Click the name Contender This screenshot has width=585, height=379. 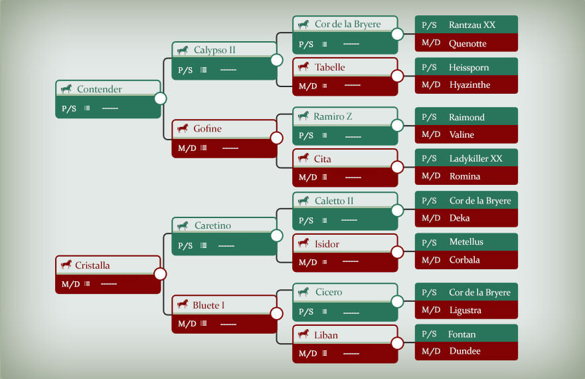pyautogui.click(x=99, y=89)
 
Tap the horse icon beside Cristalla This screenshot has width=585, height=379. pyautogui.click(x=66, y=265)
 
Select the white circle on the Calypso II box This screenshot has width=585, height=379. pyautogui.click(x=276, y=60)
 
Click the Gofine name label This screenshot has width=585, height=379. pyautogui.click(x=207, y=128)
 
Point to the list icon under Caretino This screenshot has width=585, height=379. pyautogui.click(x=203, y=245)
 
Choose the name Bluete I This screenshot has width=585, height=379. pyautogui.click(x=209, y=305)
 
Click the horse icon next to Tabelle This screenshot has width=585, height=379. pyautogui.click(x=303, y=66)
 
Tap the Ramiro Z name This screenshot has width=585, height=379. pyautogui.click(x=333, y=116)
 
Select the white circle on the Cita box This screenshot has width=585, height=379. pyautogui.click(x=397, y=167)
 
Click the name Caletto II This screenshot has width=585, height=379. pyautogui.click(x=334, y=201)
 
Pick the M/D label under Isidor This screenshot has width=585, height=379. pyautogui.click(x=308, y=263)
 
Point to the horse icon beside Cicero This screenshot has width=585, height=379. pyautogui.click(x=303, y=291)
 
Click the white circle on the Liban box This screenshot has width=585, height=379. pyautogui.click(x=397, y=342)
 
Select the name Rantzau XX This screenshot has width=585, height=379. pyautogui.click(x=472, y=25)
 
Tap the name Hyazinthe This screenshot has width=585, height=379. pyautogui.click(x=469, y=85)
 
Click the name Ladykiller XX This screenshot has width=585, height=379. pyautogui.click(x=475, y=158)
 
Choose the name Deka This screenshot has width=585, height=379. pyautogui.click(x=460, y=218)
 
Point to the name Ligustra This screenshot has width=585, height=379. pyautogui.click(x=465, y=311)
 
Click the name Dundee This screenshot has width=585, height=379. pyautogui.click(x=465, y=351)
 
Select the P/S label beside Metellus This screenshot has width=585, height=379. pyautogui.click(x=429, y=243)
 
